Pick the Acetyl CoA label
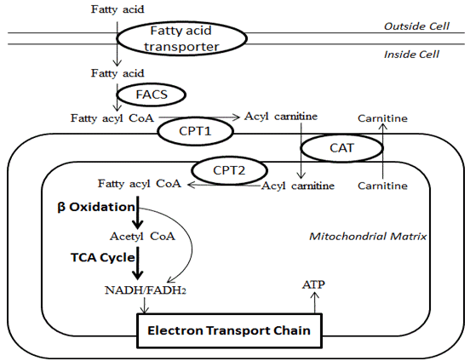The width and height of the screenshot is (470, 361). coord(142,237)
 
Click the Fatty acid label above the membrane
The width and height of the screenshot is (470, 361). coord(117,9)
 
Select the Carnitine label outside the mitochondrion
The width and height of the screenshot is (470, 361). coord(382,118)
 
